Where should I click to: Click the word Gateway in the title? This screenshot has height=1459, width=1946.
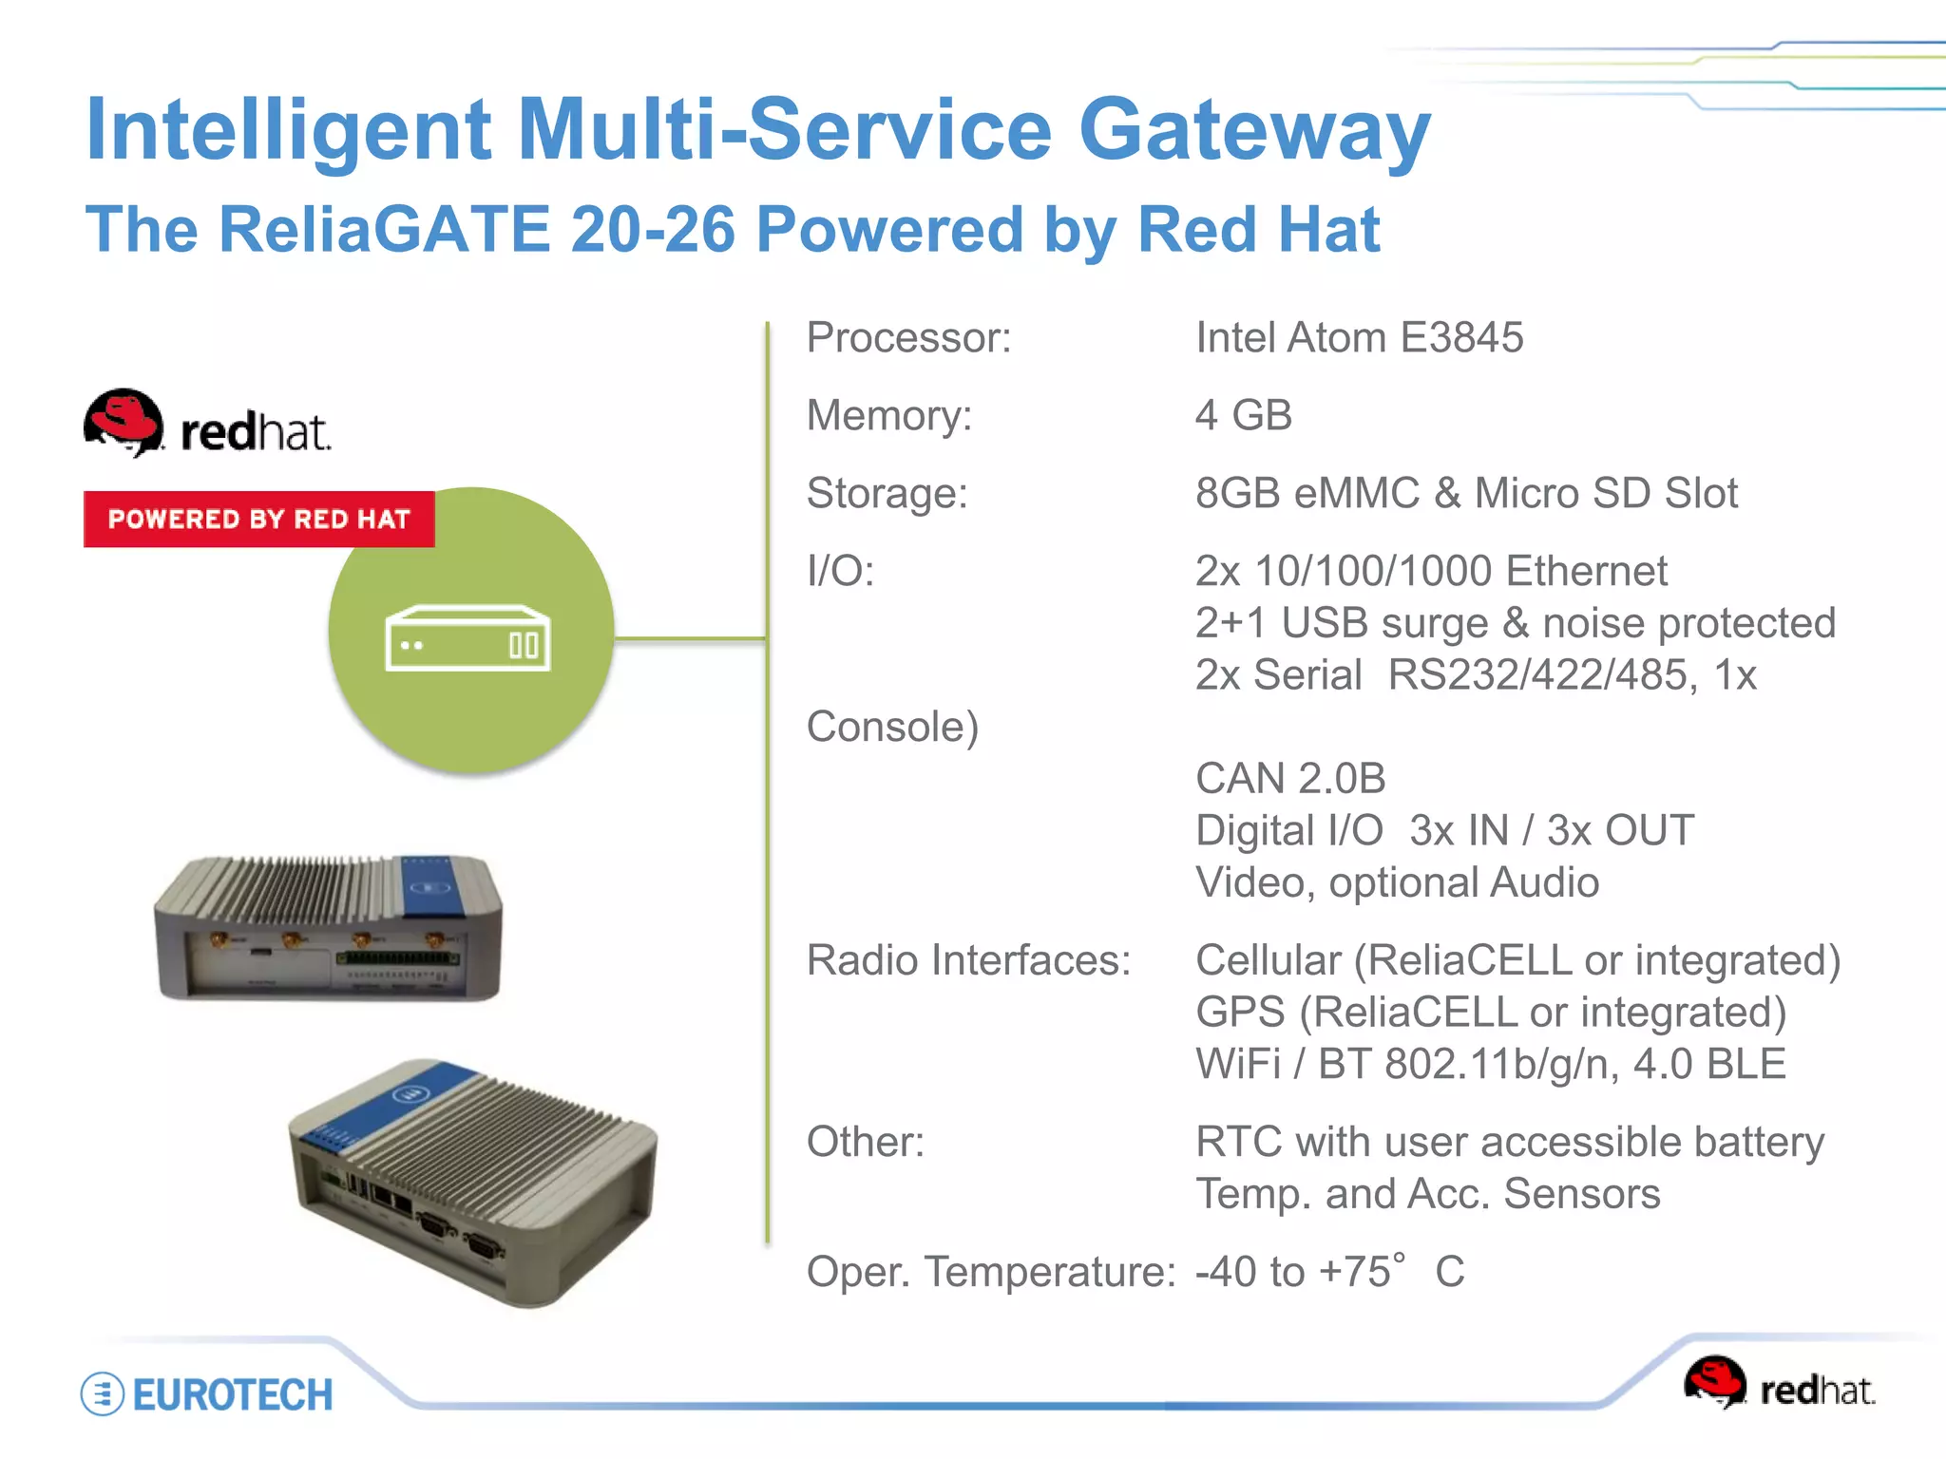pyautogui.click(x=1254, y=131)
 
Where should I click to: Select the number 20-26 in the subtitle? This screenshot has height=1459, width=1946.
pyautogui.click(x=653, y=230)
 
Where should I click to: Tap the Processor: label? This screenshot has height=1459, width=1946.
pyautogui.click(x=908, y=338)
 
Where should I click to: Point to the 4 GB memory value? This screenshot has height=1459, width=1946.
pyautogui.click(x=1243, y=416)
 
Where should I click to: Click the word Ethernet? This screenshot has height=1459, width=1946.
pyautogui.click(x=1586, y=572)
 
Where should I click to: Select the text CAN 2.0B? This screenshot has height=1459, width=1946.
pyautogui.click(x=1289, y=779)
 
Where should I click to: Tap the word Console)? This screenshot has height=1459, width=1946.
pyautogui.click(x=891, y=728)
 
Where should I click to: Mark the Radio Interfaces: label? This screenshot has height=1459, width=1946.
pyautogui.click(x=968, y=960)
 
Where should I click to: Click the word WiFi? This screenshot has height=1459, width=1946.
pyautogui.click(x=1237, y=1064)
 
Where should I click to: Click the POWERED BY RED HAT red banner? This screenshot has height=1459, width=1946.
pyautogui.click(x=258, y=519)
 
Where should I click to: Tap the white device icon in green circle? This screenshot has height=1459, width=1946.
pyautogui.click(x=467, y=638)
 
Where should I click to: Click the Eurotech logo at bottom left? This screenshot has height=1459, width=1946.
pyautogui.click(x=207, y=1394)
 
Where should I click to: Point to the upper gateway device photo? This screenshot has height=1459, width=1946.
pyautogui.click(x=328, y=928)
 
